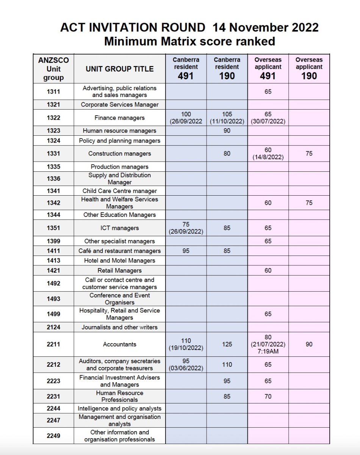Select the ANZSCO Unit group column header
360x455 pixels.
coord(53,69)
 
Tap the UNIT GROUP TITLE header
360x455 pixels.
coord(120,69)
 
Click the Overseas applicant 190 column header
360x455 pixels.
coord(309,69)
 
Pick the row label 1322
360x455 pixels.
coord(53,118)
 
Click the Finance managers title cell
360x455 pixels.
coord(120,118)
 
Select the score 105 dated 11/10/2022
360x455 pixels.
coord(227,118)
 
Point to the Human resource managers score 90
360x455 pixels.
coord(227,131)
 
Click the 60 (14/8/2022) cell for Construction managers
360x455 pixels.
coord(268,154)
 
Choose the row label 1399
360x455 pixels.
coord(53,241)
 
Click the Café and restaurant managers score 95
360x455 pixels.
coord(186,251)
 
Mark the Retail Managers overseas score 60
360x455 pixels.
coord(268,270)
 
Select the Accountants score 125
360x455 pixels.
coord(227,344)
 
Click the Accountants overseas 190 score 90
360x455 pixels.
coord(309,344)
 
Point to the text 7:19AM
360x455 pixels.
coord(268,351)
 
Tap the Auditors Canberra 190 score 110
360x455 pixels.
coord(227,364)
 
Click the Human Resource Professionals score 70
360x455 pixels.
coord(268,396)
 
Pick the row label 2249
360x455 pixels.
coord(53,436)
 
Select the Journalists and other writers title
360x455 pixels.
coord(120,327)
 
